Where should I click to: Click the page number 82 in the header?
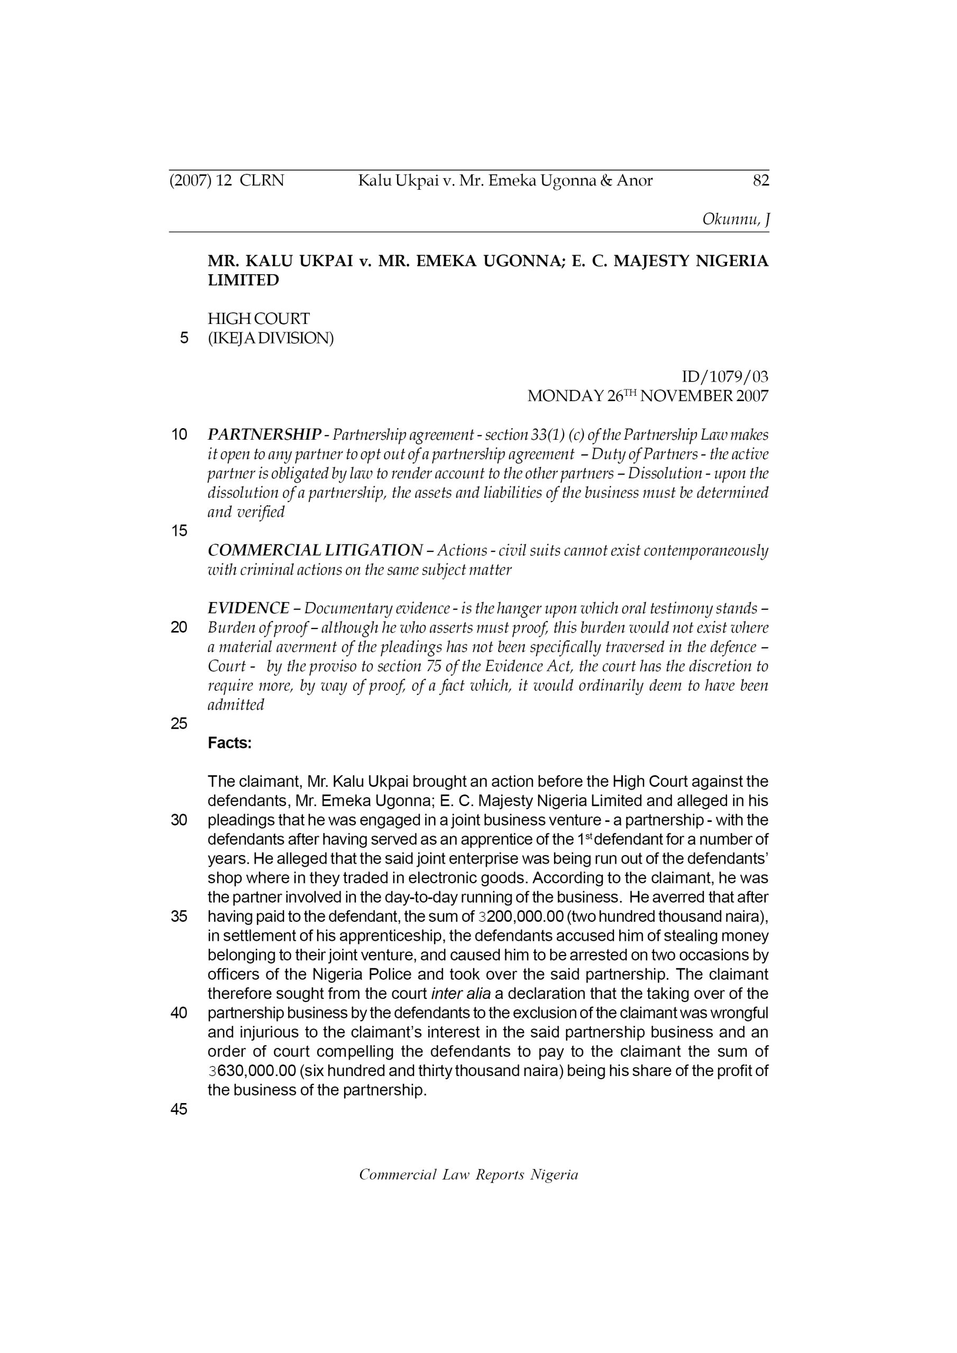[x=761, y=180]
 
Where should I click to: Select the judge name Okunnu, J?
[x=735, y=219]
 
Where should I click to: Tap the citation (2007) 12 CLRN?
[x=226, y=180]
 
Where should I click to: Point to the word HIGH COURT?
[x=258, y=319]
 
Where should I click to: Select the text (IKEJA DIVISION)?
[x=271, y=338]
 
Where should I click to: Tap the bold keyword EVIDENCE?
[x=249, y=608]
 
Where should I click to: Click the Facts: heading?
[x=229, y=743]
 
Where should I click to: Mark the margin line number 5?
[x=185, y=338]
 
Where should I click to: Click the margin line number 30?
[x=179, y=820]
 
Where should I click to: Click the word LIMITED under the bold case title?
[x=243, y=281]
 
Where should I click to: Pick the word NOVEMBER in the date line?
[x=683, y=396]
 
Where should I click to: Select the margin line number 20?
[x=179, y=627]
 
